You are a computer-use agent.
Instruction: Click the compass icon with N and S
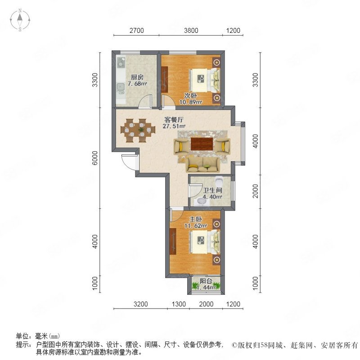(20, 20)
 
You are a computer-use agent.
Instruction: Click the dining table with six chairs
(135, 130)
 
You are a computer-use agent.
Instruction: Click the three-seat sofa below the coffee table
(203, 165)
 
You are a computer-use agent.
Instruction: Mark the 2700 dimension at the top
(136, 31)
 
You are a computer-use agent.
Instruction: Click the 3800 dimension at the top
(191, 31)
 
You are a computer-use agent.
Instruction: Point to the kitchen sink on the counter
(119, 87)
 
